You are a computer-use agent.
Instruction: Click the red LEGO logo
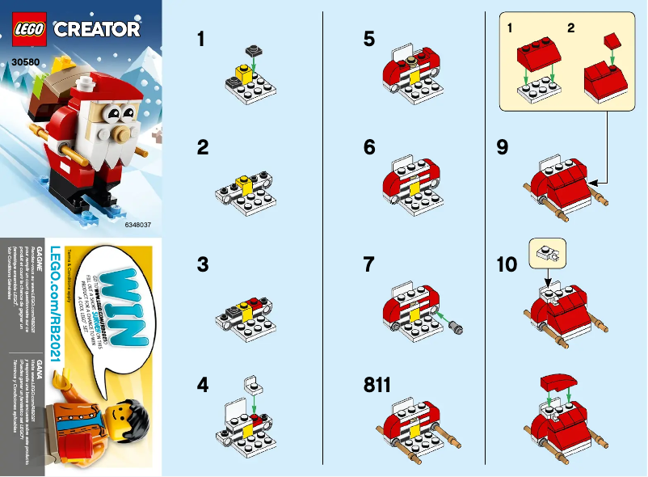click(x=28, y=28)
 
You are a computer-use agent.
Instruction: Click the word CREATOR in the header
click(x=97, y=30)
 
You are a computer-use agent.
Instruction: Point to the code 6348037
click(x=139, y=224)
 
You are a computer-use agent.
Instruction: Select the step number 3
click(x=203, y=265)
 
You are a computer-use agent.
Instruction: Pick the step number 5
click(x=369, y=39)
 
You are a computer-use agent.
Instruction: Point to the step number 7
click(x=369, y=265)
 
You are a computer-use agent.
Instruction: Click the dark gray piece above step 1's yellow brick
click(x=253, y=49)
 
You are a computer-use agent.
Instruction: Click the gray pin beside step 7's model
click(x=461, y=326)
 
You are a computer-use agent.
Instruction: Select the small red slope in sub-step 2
click(x=612, y=39)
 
